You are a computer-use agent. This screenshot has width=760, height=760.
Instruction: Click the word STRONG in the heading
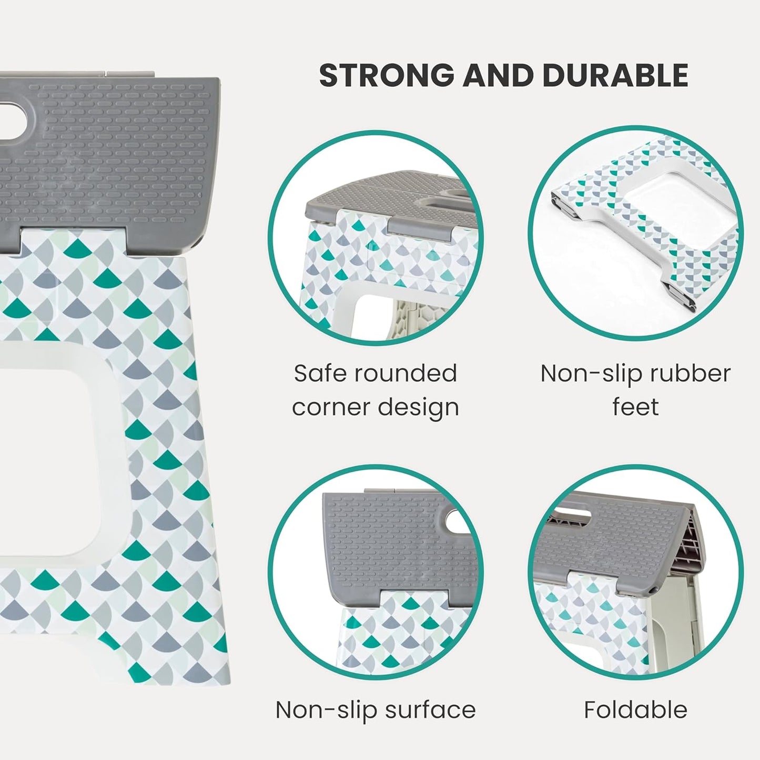pyautogui.click(x=387, y=76)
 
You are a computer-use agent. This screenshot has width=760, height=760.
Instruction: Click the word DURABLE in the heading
pyautogui.click(x=615, y=76)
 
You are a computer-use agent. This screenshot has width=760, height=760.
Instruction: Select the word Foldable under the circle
pyautogui.click(x=635, y=710)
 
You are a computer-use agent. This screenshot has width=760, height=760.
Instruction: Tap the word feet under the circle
pyautogui.click(x=635, y=407)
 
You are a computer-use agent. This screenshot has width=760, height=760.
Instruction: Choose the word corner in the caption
pyautogui.click(x=330, y=407)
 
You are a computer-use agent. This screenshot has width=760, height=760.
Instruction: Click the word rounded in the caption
pyautogui.click(x=405, y=373)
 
